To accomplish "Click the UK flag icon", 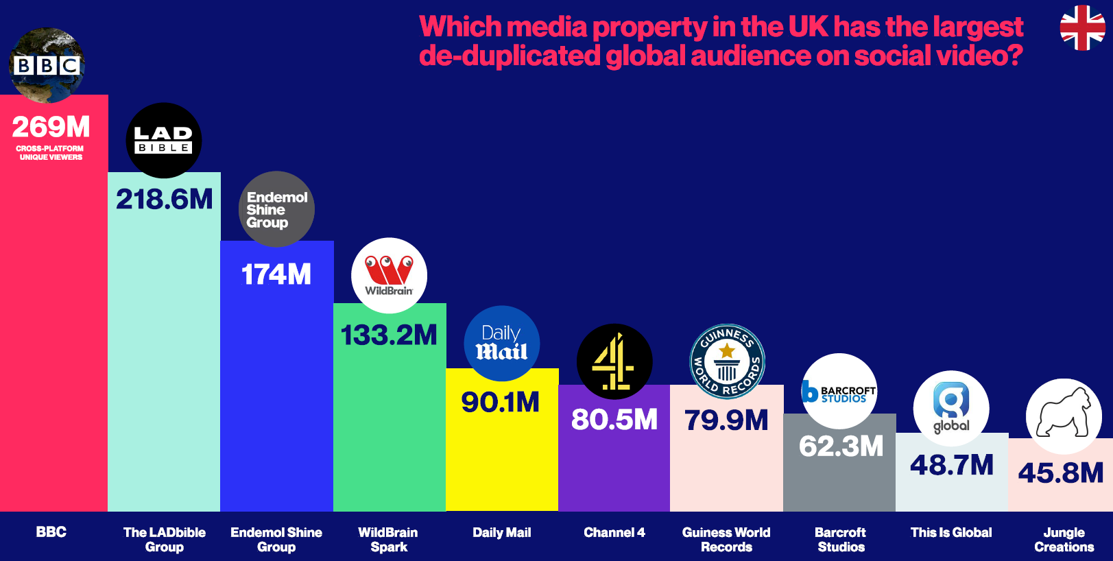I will (x=1082, y=28).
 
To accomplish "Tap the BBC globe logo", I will (x=47, y=65).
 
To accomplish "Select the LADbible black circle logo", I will (x=164, y=140).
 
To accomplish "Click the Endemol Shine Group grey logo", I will (x=276, y=209).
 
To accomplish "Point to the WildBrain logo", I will (x=389, y=275).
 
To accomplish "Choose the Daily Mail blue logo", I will (x=502, y=344).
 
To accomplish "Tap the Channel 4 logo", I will (x=614, y=361).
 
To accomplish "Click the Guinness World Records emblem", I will (x=727, y=361).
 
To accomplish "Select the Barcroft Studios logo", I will (x=839, y=392).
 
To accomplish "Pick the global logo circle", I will (x=951, y=409).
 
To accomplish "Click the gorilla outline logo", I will (x=1064, y=416).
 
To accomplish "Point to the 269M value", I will (x=51, y=127).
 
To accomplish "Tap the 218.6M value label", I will (x=165, y=200).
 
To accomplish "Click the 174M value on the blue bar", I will (x=276, y=274).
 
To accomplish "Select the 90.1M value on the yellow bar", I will (x=501, y=403).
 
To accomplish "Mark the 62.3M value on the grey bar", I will (x=841, y=446).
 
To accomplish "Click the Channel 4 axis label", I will (x=614, y=532).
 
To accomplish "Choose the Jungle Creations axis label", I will (x=1064, y=540).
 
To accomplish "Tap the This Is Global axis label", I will (x=951, y=532).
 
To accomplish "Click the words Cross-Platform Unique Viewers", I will (x=50, y=153).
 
